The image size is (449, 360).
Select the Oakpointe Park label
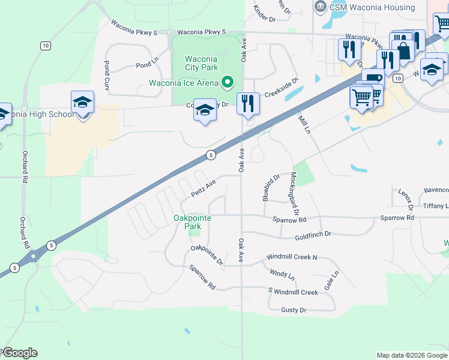(192, 222)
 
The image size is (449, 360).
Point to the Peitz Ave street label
(203, 190)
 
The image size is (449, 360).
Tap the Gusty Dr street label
(294, 310)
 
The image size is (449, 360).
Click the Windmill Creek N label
(293, 257)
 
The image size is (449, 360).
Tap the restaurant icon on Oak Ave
(247, 104)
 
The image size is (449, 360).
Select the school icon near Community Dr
(205, 110)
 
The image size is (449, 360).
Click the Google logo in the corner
(19, 353)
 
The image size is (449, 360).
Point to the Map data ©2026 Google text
(411, 355)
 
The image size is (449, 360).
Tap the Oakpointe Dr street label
(206, 255)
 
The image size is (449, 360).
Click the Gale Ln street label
(331, 280)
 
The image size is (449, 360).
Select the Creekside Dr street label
(282, 83)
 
